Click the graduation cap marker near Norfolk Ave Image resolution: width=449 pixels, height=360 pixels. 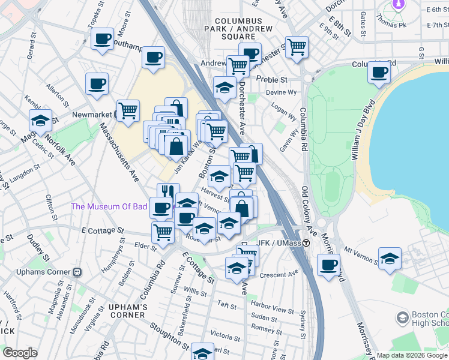[40, 120]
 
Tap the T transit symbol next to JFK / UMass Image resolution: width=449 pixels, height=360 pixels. [306, 243]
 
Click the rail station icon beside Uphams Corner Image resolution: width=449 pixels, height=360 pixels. [77, 271]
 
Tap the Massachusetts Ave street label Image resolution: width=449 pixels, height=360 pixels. [119, 153]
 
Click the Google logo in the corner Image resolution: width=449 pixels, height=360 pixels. [20, 353]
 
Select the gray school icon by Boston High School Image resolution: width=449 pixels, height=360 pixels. [402, 317]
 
